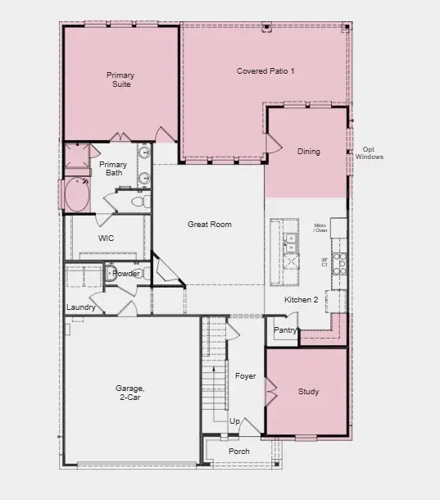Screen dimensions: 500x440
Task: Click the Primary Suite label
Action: [x=120, y=80]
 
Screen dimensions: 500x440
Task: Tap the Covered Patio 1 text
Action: [x=265, y=71]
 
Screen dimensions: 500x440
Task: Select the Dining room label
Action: [x=309, y=152]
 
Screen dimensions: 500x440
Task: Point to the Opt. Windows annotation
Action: [x=370, y=153]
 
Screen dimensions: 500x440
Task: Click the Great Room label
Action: [x=209, y=224]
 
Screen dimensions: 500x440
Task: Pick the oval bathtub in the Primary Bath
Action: [x=79, y=196]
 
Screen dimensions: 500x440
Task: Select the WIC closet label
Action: [x=106, y=238]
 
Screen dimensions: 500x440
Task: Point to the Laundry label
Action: [x=81, y=307]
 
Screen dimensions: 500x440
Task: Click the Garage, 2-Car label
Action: [x=129, y=393]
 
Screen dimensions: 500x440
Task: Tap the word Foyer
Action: [x=246, y=376]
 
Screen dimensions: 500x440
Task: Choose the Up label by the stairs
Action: [x=234, y=421]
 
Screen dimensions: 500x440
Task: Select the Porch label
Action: [x=239, y=451]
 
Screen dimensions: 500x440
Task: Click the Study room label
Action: [x=308, y=392]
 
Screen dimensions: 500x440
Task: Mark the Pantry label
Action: [x=285, y=330]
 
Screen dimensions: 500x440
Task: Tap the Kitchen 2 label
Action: [x=301, y=300]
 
